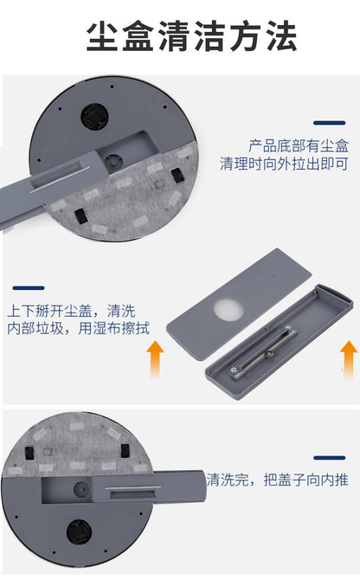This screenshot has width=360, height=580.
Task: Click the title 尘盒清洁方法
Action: [191, 36]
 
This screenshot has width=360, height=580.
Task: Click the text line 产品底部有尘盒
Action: [298, 145]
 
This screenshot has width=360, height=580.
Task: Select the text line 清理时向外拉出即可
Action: [284, 164]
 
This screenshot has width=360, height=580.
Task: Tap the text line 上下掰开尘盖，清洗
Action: [71, 311]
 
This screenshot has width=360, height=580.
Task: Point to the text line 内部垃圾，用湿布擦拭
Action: [79, 328]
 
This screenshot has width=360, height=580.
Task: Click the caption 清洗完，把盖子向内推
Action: [277, 480]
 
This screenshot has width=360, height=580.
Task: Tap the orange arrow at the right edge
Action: [348, 359]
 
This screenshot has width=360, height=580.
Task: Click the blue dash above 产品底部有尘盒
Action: [330, 123]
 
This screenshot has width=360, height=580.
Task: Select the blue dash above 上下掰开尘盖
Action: [29, 287]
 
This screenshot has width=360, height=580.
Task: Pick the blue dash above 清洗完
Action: [330, 458]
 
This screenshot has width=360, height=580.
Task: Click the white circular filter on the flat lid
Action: [228, 310]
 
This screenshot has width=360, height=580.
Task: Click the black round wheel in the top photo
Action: [94, 116]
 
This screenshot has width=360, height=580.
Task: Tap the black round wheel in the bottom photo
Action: [79, 532]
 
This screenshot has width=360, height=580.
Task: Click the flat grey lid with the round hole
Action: [240, 304]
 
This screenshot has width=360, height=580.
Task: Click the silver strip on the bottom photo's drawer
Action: [132, 487]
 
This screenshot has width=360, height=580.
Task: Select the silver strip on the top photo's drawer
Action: [60, 180]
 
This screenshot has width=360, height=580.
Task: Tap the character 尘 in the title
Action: [102, 36]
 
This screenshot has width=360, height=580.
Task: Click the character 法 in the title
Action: [282, 36]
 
